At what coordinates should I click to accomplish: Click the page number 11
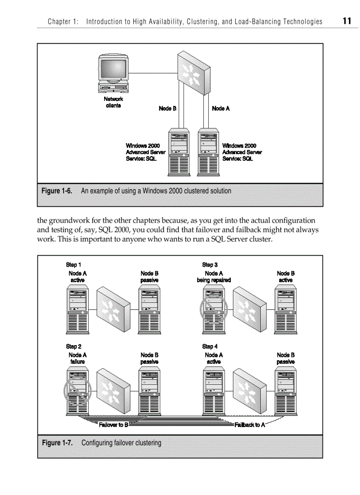[x=347, y=21]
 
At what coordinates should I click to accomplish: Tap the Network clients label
[x=113, y=102]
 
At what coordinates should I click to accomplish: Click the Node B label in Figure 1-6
[x=168, y=108]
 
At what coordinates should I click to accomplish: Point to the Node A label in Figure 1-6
[x=221, y=108]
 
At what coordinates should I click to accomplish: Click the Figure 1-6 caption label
[x=57, y=191]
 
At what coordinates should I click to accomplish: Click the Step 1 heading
[x=74, y=264]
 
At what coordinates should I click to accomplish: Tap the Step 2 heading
[x=74, y=346]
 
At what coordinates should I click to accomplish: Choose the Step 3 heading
[x=210, y=264]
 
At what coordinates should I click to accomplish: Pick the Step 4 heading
[x=210, y=346]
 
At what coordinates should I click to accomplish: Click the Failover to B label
[x=113, y=425]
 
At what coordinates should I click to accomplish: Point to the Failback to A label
[x=250, y=425]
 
